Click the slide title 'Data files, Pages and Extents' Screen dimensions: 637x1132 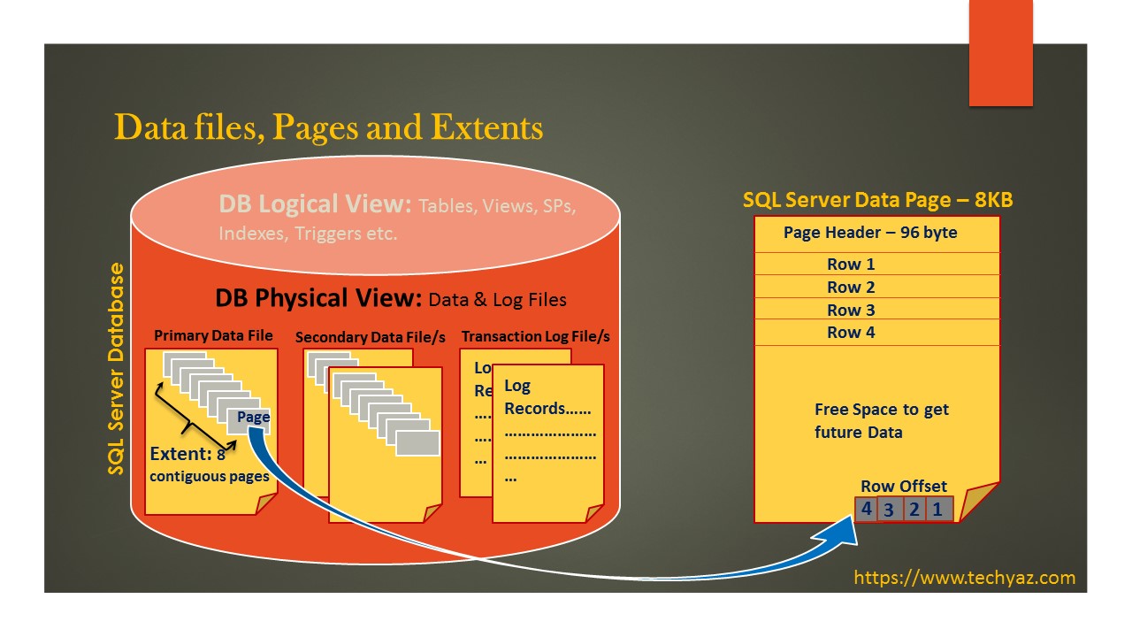coord(328,127)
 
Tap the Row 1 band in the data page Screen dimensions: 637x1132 coord(851,264)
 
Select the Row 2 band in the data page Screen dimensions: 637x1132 coord(851,287)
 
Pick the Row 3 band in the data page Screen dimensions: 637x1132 coord(851,310)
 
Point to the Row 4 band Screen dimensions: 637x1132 coord(851,333)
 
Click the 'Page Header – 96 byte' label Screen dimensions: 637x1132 coord(870,233)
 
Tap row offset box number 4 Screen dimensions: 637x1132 coord(867,509)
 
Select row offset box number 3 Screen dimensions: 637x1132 coord(889,510)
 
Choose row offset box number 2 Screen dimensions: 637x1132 coord(914,509)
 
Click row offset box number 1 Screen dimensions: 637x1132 coord(938,509)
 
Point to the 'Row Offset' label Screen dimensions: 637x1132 coord(903,487)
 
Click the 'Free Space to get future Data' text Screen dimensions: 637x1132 coord(881,421)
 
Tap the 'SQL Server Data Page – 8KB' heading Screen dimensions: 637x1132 coord(877,200)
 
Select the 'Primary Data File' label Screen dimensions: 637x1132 coord(213,335)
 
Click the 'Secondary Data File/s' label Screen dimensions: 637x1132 coord(370,337)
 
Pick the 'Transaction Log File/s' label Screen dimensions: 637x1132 coord(535,336)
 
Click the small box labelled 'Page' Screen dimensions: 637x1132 coord(251,418)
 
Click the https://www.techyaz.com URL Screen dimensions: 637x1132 coord(964,578)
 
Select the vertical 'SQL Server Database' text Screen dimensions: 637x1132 coord(117,368)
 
